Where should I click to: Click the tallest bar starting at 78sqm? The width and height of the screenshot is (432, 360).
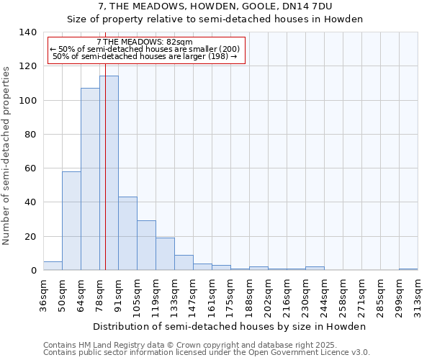coord(109,173)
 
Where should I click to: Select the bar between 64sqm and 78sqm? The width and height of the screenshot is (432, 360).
coord(90,179)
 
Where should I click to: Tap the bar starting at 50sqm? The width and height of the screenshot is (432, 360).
coord(71,220)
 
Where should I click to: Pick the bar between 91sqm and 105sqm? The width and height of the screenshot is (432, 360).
coord(127,233)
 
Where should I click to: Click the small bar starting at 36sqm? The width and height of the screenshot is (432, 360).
coord(53,266)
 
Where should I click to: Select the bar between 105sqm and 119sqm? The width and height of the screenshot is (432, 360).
coord(146,246)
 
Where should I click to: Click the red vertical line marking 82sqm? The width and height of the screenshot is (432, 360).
coord(105,144)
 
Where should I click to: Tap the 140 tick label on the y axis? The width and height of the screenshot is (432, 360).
coord(27,32)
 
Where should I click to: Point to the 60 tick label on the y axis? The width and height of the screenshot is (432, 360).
coord(30,168)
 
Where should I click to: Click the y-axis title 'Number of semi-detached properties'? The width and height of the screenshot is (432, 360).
coord(7,155)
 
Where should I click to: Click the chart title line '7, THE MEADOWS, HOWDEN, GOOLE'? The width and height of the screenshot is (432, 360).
coord(215,6)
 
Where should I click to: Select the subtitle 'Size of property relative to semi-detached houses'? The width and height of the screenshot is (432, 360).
coord(215,19)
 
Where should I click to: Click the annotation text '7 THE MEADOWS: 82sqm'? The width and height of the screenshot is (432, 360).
coord(144,42)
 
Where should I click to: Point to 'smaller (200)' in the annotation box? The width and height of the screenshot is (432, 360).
coord(214,49)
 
